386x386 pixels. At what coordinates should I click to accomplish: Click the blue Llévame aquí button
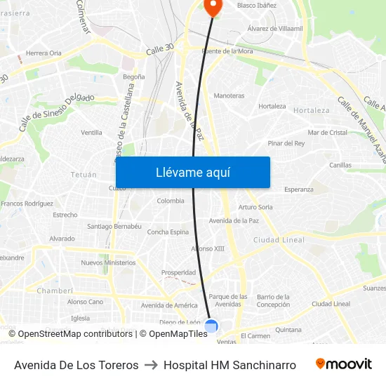point(192,172)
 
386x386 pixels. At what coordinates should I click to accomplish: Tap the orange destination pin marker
point(212,7)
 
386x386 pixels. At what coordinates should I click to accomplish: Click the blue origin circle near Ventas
point(211,326)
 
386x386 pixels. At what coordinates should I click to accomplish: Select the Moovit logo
point(343,364)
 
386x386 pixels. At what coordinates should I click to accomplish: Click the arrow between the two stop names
point(151,365)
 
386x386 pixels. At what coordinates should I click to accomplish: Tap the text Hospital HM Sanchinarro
point(229,365)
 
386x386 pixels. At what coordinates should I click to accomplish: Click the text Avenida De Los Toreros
point(76,365)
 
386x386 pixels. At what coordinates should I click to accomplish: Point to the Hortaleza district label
point(311,110)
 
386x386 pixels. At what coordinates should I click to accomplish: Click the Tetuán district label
point(84,174)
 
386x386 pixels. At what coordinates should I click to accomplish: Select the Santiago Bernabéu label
point(114,227)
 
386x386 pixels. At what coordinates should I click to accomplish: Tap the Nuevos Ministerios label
point(108,262)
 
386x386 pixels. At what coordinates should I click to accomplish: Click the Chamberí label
point(55,290)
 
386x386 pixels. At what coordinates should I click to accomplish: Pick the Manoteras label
point(229,95)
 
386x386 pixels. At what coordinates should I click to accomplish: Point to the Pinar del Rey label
point(286,143)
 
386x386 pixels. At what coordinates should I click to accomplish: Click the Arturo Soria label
point(255,207)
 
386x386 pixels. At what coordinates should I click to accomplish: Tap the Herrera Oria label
point(44,53)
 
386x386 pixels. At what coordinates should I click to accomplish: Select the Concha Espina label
point(168,232)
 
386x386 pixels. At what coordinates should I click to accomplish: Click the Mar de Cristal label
point(328,132)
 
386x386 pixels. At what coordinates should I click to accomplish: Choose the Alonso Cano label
point(85,302)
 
